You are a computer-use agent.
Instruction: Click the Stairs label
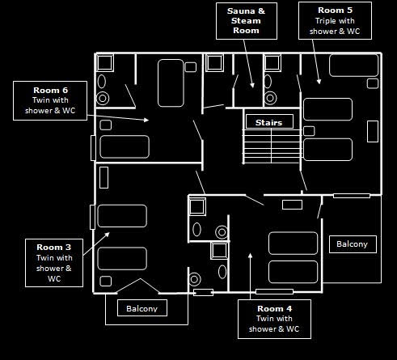pyautogui.click(x=269, y=122)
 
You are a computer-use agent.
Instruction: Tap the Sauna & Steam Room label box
pyautogui.click(x=247, y=21)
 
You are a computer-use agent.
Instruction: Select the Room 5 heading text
pyautogui.click(x=335, y=11)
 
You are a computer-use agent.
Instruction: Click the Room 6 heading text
pyautogui.click(x=50, y=90)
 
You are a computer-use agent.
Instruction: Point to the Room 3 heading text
pyautogui.click(x=54, y=247)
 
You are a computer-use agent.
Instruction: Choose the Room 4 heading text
pyautogui.click(x=274, y=308)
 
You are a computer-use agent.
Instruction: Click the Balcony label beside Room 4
pyautogui.click(x=353, y=244)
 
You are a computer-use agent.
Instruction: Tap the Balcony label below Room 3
pyautogui.click(x=142, y=308)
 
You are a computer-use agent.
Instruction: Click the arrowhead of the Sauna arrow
pyautogui.click(x=252, y=85)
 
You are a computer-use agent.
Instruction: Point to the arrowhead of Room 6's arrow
pyautogui.click(x=146, y=120)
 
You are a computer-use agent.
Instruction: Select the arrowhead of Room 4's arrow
pyautogui.click(x=250, y=256)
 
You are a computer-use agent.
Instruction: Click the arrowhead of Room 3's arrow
pyautogui.click(x=108, y=235)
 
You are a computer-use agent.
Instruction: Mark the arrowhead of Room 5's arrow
pyautogui.click(x=319, y=82)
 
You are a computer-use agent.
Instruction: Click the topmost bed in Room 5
pyautogui.click(x=353, y=66)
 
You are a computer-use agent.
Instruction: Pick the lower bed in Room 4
pyautogui.click(x=293, y=272)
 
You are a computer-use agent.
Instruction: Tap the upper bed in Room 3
pyautogui.click(x=122, y=216)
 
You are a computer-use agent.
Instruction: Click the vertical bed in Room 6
pyautogui.click(x=171, y=83)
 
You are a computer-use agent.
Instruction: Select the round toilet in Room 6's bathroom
pyautogui.click(x=103, y=99)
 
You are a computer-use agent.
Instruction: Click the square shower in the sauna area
pyautogui.click(x=214, y=63)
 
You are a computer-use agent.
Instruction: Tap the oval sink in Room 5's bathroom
pyautogui.click(x=268, y=82)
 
